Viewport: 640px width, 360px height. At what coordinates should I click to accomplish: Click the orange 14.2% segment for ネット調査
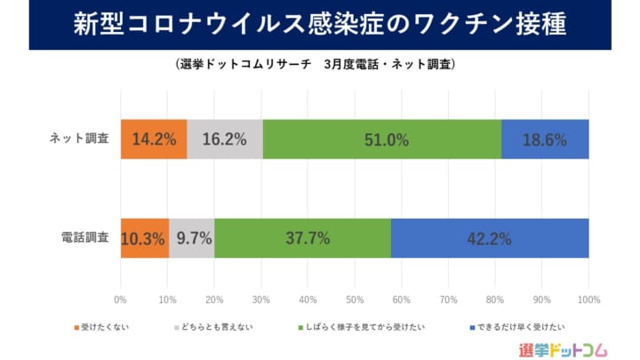154,140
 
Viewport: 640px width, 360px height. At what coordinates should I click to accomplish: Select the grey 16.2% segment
225,140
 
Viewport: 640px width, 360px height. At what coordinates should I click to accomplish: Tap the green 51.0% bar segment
382,140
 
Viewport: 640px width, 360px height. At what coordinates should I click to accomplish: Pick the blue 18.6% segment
545,140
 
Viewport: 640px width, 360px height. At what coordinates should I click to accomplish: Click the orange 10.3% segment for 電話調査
145,238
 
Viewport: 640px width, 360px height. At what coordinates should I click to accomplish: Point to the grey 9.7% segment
191,238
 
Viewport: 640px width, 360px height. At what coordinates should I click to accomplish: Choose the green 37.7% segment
302,238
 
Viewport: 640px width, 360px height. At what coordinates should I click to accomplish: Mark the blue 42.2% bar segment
490,238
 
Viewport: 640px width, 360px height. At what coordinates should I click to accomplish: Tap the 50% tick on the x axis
355,300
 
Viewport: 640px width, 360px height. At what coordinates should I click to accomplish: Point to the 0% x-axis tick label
121,300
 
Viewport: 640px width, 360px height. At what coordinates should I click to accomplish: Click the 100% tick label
588,300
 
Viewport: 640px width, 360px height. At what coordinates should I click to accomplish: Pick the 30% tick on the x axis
261,300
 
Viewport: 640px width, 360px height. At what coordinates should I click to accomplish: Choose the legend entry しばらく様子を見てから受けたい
361,327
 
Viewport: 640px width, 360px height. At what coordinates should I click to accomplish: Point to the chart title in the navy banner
320,25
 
